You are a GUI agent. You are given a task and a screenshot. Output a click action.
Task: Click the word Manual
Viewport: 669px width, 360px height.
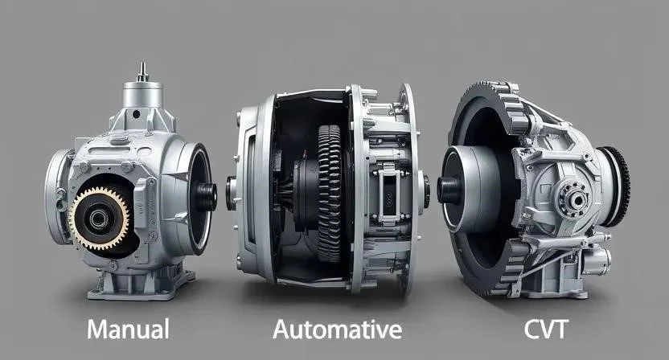click(x=128, y=329)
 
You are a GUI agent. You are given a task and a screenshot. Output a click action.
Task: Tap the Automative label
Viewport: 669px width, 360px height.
click(x=337, y=329)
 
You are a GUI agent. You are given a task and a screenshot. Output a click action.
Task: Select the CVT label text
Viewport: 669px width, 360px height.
click(x=546, y=329)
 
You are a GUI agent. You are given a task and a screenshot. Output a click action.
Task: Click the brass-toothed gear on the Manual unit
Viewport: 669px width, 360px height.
click(x=99, y=219)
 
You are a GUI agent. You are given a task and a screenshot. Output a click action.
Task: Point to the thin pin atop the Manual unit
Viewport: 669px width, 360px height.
click(x=142, y=72)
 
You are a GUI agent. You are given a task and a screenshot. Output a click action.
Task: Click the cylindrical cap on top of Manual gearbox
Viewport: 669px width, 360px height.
click(x=143, y=94)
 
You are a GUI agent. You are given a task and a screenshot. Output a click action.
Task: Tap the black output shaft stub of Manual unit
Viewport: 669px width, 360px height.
click(x=207, y=197)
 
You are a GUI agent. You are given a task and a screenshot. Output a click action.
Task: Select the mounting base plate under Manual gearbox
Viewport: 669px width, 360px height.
click(x=141, y=286)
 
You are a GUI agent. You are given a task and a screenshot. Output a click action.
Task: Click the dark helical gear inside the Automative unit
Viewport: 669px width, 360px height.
click(x=330, y=193)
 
